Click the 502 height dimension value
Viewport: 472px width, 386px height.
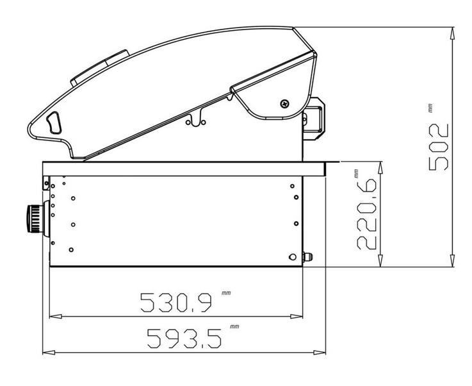click(x=439, y=147)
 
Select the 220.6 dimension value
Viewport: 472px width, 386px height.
click(x=366, y=214)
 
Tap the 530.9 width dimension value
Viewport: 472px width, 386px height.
click(x=176, y=302)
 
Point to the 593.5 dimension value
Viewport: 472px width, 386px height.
click(x=184, y=339)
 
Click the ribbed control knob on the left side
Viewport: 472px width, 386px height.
click(x=35, y=219)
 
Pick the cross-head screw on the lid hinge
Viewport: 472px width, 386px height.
click(x=284, y=104)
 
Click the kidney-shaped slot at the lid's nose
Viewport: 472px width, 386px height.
click(x=54, y=122)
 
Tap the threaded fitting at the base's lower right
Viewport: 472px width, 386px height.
click(x=307, y=257)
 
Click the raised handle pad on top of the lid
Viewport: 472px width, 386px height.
click(x=99, y=68)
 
